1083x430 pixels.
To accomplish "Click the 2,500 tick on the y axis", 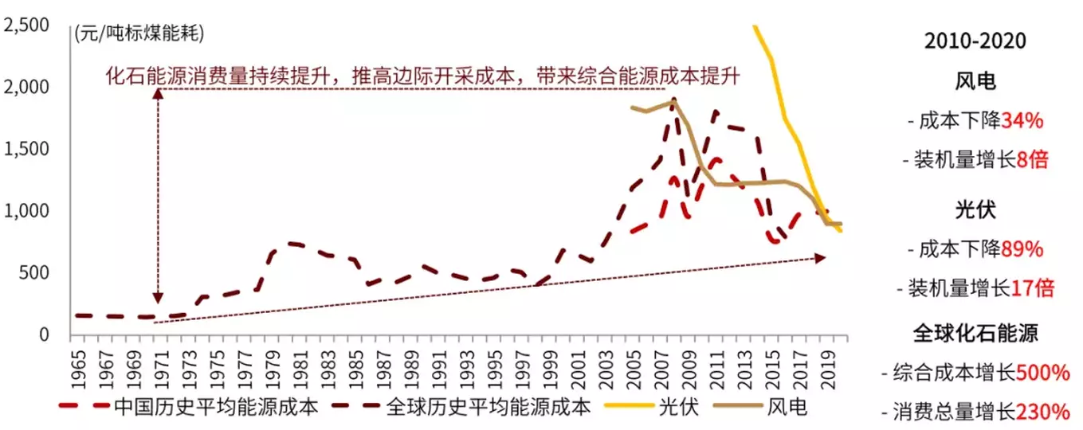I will pos(28,25).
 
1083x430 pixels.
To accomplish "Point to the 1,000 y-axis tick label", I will pos(28,211).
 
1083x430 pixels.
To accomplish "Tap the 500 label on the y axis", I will pos(35,273).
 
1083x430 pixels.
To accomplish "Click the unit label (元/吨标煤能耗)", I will pos(139,33).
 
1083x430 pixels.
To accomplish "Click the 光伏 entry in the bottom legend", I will pos(678,408).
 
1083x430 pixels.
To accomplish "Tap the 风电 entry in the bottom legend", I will pos(787,408).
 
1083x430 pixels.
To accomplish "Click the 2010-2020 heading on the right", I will pos(975,41).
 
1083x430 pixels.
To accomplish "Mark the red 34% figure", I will pos(1022,121).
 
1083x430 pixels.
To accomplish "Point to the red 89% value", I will pos(1022,248).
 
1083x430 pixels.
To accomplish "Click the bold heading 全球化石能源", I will pos(975,333).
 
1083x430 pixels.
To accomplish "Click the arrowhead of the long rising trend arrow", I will pos(822,257).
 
